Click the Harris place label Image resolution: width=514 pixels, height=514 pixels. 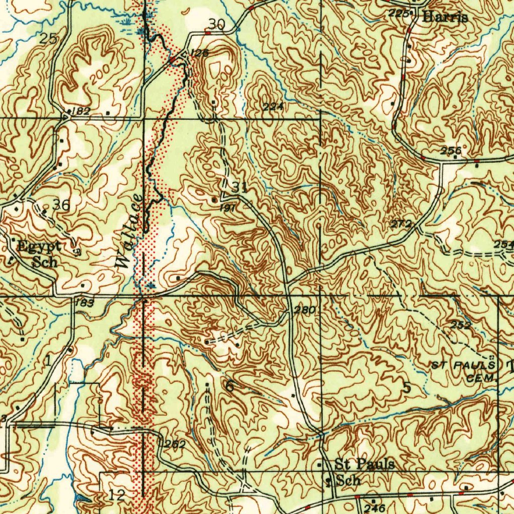445,17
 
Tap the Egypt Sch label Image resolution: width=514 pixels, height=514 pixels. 39,253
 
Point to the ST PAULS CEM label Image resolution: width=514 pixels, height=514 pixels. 465,371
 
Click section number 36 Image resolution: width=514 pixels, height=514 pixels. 61,204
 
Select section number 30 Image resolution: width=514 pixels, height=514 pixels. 217,24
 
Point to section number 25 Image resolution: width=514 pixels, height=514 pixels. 49,38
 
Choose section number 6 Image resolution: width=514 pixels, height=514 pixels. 229,386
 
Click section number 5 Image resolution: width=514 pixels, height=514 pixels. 407,388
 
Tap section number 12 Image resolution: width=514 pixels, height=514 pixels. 116,495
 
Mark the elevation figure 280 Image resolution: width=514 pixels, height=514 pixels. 304,310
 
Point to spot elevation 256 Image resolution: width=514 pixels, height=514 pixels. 451,151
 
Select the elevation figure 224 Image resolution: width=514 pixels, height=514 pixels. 273,106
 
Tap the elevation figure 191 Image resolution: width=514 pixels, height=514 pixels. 227,207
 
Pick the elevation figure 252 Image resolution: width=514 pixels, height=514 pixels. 461,325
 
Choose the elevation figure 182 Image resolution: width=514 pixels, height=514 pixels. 81,111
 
